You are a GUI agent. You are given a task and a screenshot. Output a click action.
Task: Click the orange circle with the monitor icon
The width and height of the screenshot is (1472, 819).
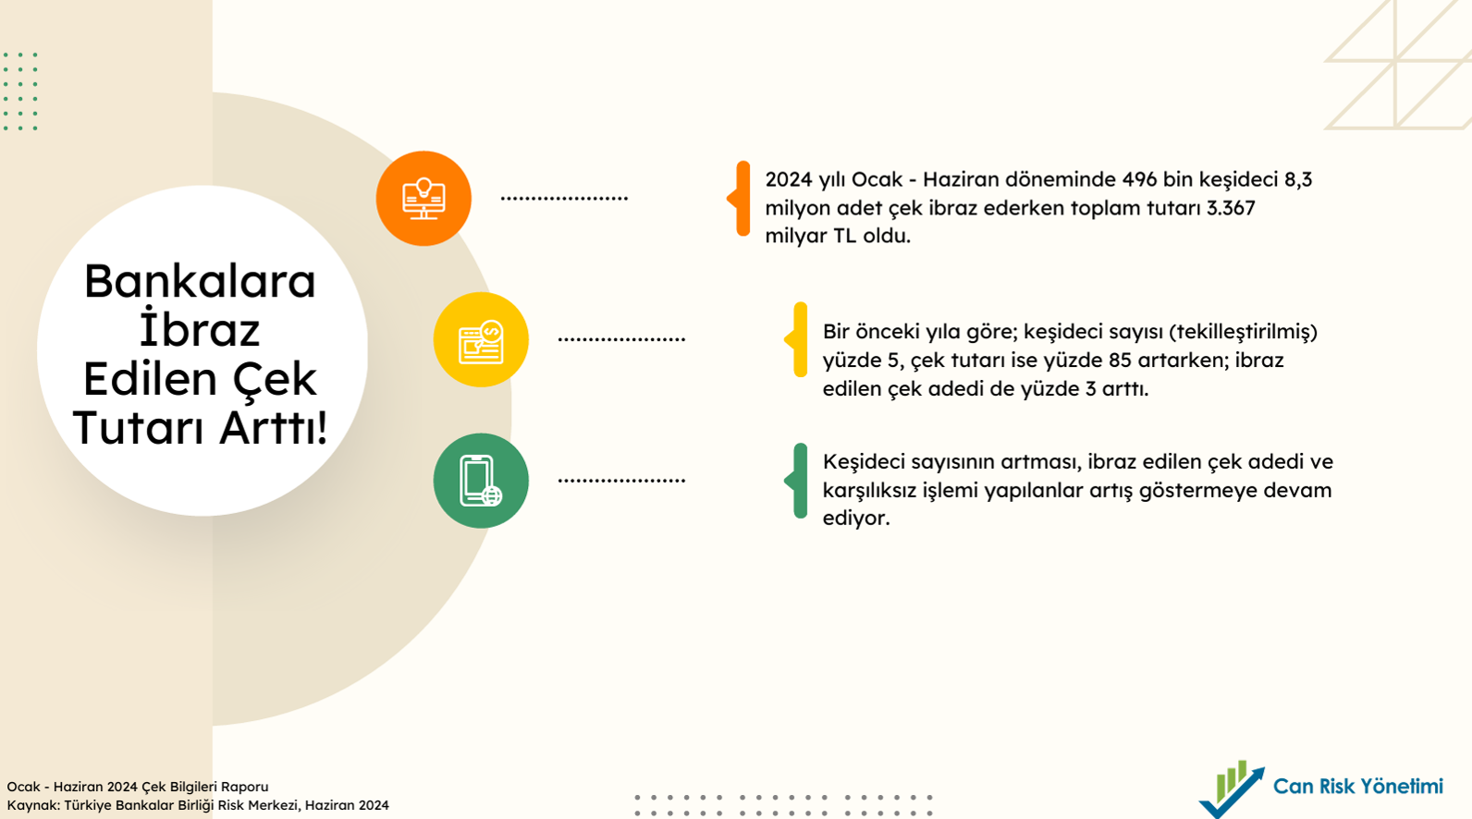pos(423,199)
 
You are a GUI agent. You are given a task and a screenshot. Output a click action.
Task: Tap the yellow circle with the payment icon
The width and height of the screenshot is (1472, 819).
pos(481,339)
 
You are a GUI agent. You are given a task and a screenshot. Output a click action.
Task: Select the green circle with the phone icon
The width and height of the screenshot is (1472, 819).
pos(481,481)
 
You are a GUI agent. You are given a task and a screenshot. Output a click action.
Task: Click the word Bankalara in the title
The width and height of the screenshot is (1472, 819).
pos(201,282)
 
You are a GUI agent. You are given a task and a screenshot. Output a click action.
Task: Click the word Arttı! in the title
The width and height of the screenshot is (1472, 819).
pos(274,428)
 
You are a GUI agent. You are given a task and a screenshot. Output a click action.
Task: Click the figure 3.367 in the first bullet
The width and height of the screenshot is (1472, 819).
pos(1231,208)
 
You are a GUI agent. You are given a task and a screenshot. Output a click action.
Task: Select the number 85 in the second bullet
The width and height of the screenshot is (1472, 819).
pos(1120,360)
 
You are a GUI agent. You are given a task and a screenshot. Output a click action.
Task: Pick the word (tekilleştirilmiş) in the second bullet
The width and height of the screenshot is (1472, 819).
pos(1244,332)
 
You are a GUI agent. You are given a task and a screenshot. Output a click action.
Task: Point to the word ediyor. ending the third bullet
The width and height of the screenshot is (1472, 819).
pos(856,519)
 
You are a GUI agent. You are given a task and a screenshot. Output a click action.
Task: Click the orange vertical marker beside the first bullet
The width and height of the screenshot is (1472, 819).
pos(740,199)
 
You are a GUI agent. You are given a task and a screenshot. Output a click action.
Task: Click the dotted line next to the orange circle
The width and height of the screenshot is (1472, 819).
pos(565,198)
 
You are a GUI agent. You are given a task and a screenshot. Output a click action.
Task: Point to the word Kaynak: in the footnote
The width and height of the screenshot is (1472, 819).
pos(33,805)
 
